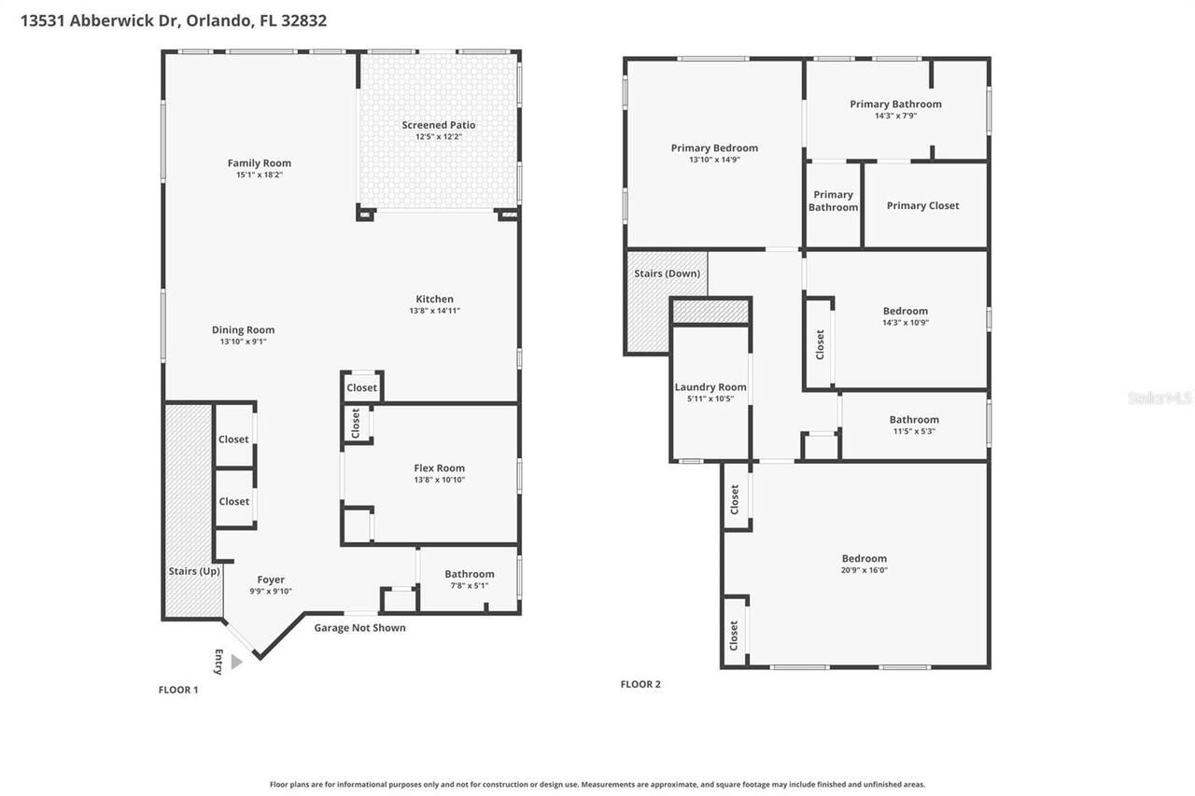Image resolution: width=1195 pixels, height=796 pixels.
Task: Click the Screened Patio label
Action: pyautogui.click(x=438, y=125)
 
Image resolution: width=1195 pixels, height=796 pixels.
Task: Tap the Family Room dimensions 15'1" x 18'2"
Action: pyautogui.click(x=260, y=175)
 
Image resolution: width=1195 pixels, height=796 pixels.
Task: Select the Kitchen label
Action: pyautogui.click(x=434, y=300)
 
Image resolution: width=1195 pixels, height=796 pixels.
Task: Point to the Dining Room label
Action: pyautogui.click(x=243, y=329)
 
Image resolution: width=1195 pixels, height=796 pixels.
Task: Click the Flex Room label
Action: pyautogui.click(x=439, y=468)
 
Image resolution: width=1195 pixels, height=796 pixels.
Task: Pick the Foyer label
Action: pyautogui.click(x=271, y=580)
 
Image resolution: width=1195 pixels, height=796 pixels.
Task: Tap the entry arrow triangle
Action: pyautogui.click(x=235, y=662)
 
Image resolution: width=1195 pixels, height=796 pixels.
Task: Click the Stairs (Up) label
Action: pyautogui.click(x=194, y=571)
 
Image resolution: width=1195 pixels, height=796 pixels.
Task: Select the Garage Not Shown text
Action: pyautogui.click(x=359, y=628)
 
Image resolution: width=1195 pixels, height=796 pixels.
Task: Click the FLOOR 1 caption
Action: pyautogui.click(x=178, y=690)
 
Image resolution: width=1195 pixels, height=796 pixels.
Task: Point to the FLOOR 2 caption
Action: pyautogui.click(x=640, y=684)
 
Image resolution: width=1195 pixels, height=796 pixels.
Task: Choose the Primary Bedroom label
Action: pyautogui.click(x=714, y=147)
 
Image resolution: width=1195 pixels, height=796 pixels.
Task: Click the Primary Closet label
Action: pyautogui.click(x=922, y=205)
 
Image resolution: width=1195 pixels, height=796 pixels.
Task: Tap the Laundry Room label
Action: pyautogui.click(x=710, y=387)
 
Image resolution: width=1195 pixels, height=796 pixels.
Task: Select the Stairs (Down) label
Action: pyautogui.click(x=668, y=273)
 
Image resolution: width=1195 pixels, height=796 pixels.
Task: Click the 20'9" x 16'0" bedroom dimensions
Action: pyautogui.click(x=864, y=570)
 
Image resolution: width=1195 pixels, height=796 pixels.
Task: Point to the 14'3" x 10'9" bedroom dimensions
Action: pyautogui.click(x=905, y=323)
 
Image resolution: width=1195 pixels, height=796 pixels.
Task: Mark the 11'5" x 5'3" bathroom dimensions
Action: pyautogui.click(x=914, y=431)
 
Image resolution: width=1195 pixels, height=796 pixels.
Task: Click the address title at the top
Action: pyautogui.click(x=174, y=20)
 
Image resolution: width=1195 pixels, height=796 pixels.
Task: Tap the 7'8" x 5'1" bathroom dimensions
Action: pyautogui.click(x=469, y=586)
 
